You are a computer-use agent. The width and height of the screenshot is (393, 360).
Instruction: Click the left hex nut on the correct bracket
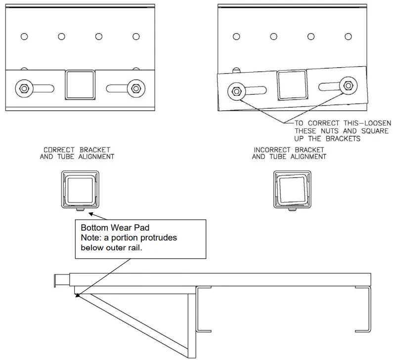23,89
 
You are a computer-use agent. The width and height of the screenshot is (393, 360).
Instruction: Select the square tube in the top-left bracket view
79,85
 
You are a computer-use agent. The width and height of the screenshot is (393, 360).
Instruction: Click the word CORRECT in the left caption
59,150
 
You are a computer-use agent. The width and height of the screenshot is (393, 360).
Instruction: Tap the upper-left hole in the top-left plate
24,36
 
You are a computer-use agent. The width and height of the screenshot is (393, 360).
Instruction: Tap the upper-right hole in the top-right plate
348,36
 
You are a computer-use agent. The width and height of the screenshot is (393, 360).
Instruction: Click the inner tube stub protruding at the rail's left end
61,280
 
